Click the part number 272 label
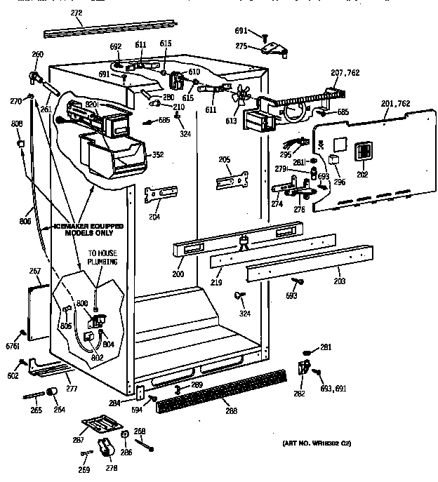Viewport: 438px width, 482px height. point(77,13)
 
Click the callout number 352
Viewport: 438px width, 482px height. point(158,155)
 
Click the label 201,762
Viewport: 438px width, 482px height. point(397,105)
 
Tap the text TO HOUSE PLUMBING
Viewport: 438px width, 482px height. point(102,258)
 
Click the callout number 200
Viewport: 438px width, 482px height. point(178,272)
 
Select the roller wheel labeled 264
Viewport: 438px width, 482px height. point(51,391)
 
